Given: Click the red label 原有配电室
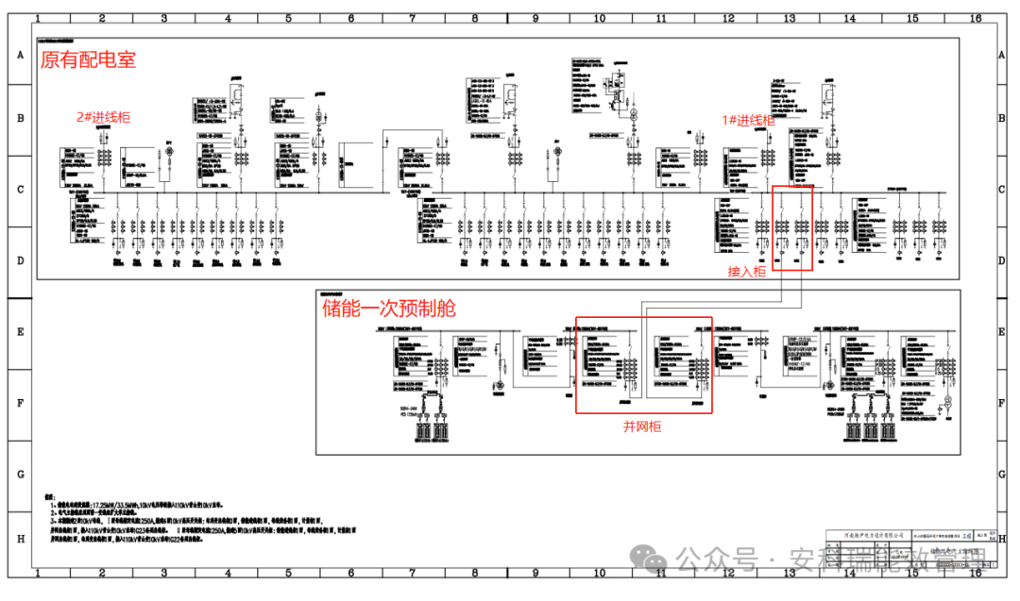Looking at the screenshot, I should tap(88, 60).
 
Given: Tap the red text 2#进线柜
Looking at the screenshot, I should tap(104, 117).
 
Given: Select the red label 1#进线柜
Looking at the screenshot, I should tap(748, 120).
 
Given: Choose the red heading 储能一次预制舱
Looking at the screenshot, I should tap(389, 309).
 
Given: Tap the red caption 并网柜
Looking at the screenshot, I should tap(641, 426).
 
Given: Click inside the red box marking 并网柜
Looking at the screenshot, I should tap(644, 364).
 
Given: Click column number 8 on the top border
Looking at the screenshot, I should tap(474, 18).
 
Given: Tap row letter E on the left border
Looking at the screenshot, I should tap(19, 332).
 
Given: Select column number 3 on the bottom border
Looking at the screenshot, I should tap(163, 573).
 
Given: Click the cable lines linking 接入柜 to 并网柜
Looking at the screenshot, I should tap(718, 303).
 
